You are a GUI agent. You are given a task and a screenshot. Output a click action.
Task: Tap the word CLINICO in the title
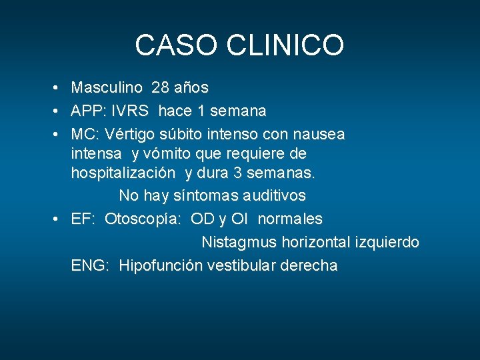tap(285, 45)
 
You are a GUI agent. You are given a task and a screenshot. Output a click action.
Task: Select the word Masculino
tap(107, 87)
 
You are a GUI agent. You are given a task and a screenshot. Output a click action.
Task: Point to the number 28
tap(160, 87)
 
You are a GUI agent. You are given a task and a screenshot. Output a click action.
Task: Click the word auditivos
tap(272, 195)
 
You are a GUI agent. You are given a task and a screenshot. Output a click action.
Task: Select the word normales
tap(290, 219)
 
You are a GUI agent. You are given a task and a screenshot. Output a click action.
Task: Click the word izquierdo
tap(387, 242)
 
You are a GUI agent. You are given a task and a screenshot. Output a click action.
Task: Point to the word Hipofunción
tap(161, 265)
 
